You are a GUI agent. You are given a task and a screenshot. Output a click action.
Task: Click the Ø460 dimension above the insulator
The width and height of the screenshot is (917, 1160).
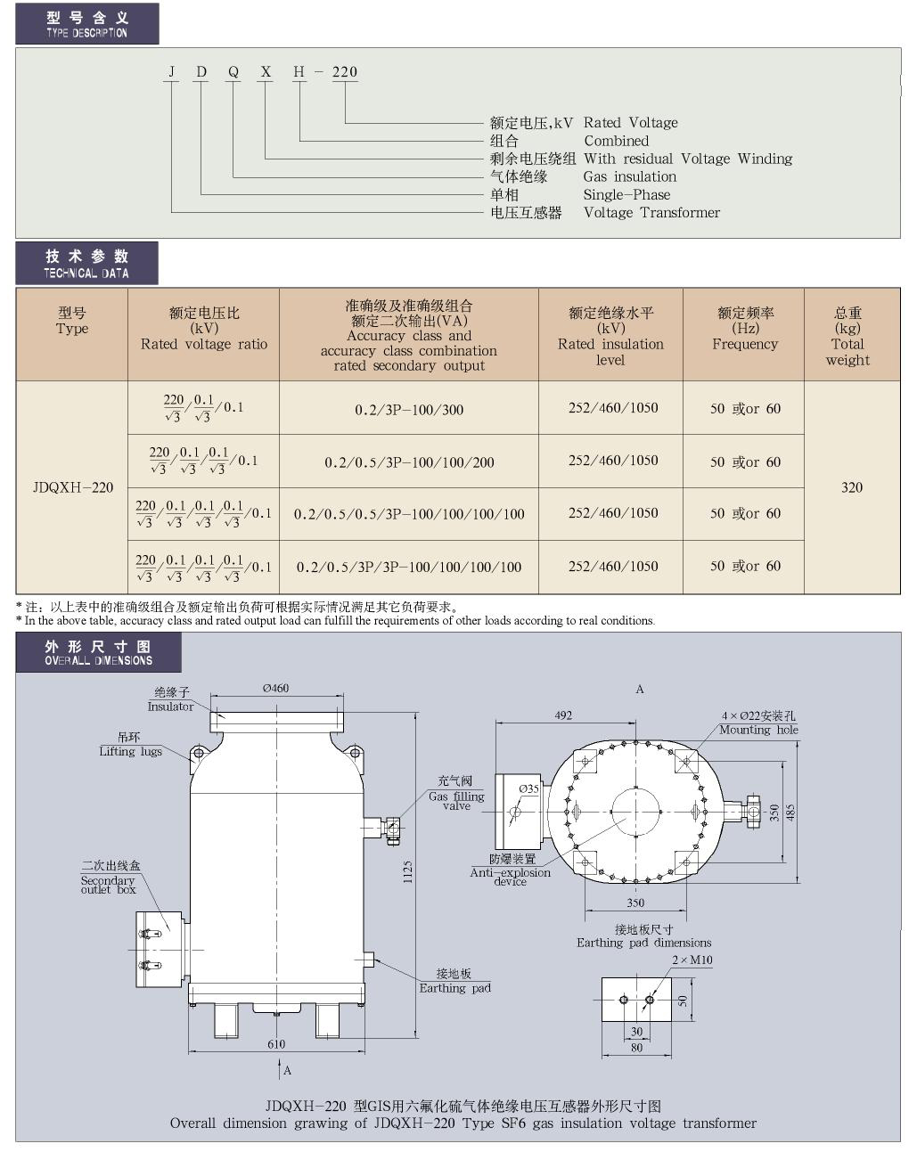pos(275,689)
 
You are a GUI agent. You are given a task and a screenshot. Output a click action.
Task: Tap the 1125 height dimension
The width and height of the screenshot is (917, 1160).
pos(407,871)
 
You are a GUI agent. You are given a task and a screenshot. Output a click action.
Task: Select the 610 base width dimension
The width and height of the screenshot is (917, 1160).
pos(276,1044)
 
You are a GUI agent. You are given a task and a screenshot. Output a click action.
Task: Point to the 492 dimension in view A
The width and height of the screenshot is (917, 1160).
pos(563,715)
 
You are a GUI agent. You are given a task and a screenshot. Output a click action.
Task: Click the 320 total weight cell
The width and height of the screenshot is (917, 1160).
pos(852,487)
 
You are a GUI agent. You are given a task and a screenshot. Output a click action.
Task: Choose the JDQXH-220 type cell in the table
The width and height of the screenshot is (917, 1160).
pos(73,487)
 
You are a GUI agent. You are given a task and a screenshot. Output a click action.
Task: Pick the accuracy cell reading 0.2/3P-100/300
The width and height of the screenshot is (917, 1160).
pos(409,410)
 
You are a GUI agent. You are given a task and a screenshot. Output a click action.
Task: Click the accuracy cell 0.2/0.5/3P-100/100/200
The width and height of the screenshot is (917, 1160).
pos(409,462)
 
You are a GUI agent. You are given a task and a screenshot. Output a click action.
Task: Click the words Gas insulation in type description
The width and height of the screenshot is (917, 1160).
pos(630,176)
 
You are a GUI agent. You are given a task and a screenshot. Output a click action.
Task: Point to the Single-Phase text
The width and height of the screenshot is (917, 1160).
pos(627,194)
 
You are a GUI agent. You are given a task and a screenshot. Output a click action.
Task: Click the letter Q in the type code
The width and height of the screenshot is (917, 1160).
pos(233,72)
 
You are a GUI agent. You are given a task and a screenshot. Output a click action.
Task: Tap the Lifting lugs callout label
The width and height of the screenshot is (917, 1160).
pos(130,751)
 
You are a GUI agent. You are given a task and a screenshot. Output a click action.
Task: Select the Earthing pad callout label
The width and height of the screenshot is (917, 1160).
pos(455,987)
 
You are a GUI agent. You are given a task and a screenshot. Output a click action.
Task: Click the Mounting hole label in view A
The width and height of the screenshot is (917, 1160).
pos(758,730)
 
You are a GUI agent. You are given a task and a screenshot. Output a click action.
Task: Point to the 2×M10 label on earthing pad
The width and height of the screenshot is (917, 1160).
pos(692,960)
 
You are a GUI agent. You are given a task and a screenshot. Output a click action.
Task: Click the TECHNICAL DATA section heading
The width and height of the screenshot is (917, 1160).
pos(86,274)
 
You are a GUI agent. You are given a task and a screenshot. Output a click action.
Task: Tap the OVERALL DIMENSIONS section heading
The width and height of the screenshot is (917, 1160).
pos(99,660)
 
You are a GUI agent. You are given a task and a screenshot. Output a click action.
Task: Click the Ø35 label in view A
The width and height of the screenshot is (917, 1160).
pos(528,788)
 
